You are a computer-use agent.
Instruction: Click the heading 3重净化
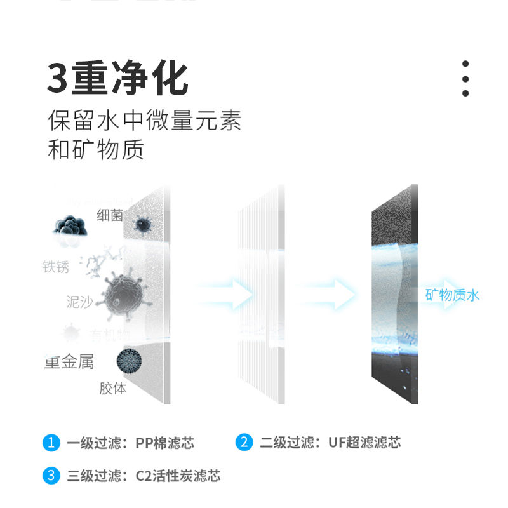click(118, 79)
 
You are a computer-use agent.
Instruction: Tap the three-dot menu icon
click(465, 79)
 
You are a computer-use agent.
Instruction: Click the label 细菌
click(109, 215)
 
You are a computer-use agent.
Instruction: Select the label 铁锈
click(56, 267)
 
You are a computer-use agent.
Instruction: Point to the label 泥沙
click(79, 302)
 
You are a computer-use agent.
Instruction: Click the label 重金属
click(69, 363)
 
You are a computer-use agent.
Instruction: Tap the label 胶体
click(112, 388)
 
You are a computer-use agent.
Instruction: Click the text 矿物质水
click(452, 295)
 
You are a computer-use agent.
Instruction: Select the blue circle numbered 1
click(51, 443)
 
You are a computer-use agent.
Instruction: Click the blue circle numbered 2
click(244, 443)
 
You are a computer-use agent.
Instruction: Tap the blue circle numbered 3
click(51, 476)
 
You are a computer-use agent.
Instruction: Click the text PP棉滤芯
click(164, 443)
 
